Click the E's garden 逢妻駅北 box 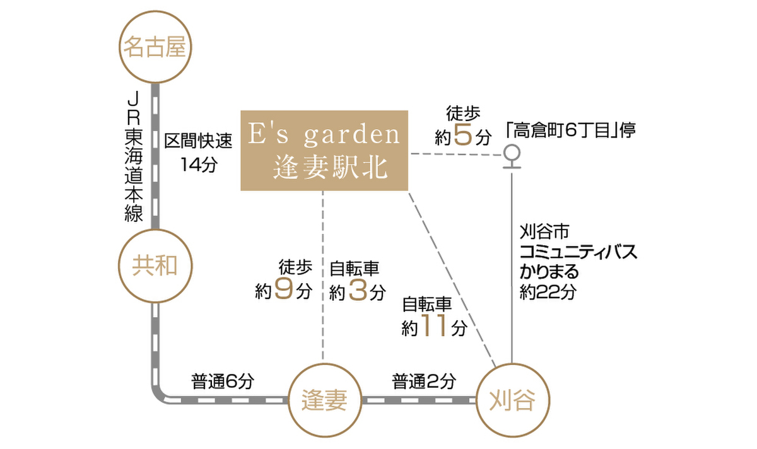pos(324,150)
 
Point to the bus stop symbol pos(512,156)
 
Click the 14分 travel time pos(197,165)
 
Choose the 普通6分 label pos(222,381)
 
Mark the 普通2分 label pos(424,381)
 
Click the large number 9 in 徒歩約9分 pos(283,291)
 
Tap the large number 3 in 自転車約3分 pos(357,291)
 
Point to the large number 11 pos(437,327)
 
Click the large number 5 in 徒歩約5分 pos(463,136)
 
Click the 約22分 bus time pos(547,292)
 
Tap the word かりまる pos(549,272)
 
